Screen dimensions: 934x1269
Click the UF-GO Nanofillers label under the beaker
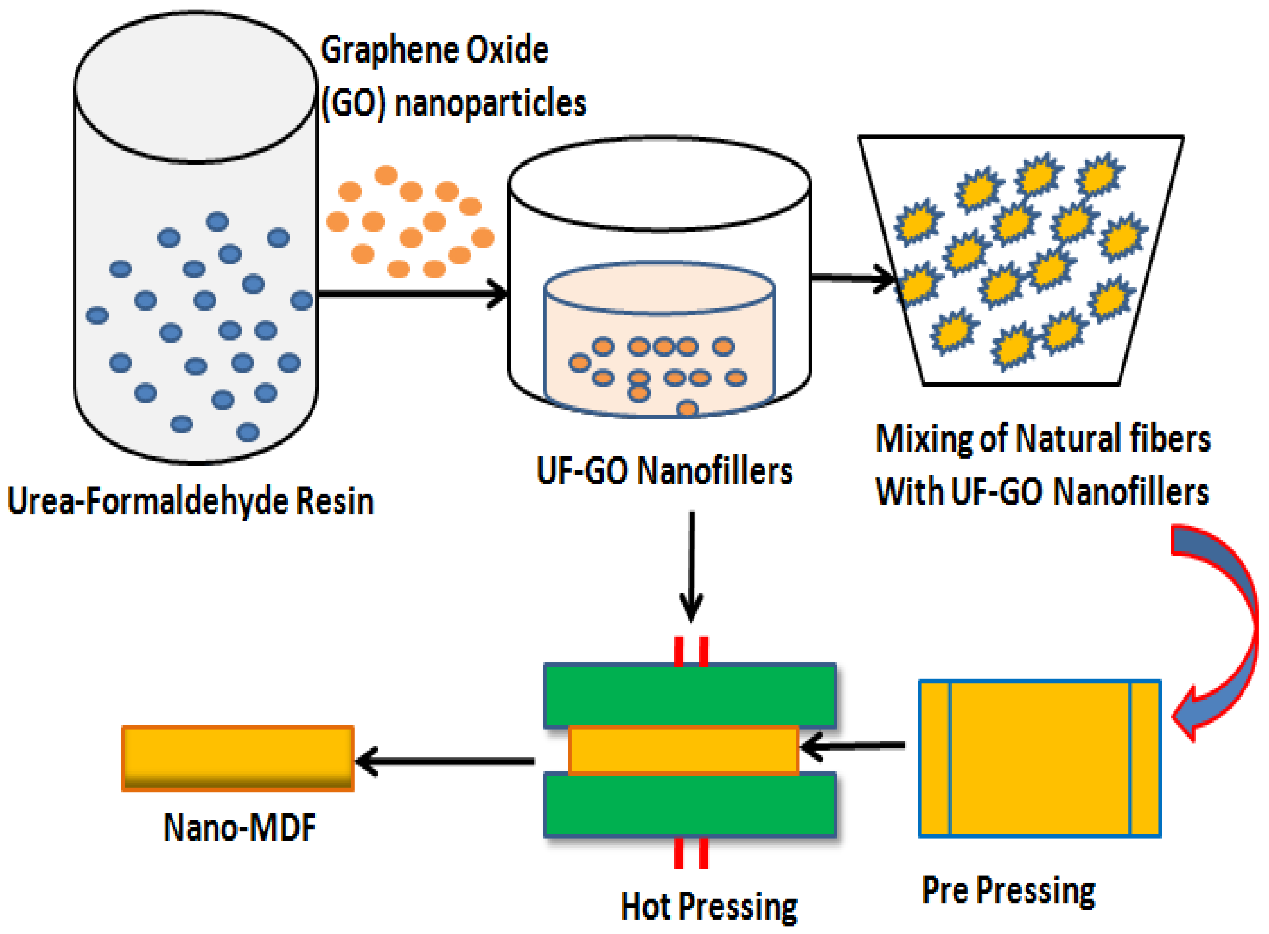664,471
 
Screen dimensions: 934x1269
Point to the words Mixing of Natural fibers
1042,439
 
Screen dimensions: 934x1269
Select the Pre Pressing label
1009,891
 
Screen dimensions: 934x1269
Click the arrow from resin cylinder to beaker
412,294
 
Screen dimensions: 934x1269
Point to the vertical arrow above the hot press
692,565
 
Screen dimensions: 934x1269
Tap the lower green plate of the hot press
689,805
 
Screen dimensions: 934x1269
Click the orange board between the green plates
684,750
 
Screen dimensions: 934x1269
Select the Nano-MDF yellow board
238,758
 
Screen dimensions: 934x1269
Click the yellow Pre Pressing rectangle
1040,758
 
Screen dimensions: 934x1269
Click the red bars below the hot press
691,853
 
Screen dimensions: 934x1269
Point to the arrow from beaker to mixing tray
853,278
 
